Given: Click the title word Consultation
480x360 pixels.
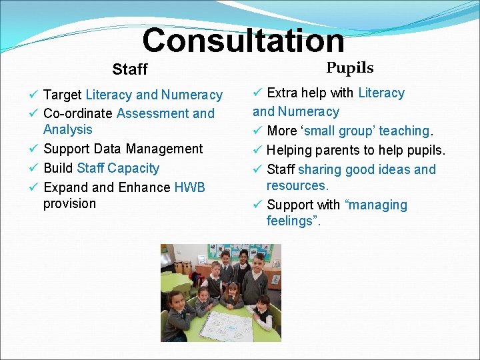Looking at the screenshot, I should tap(243, 40).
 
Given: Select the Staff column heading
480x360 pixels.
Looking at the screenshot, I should tap(130, 69).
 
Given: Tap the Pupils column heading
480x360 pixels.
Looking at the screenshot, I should tap(350, 68).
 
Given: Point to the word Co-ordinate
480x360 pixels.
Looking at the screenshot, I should tap(78, 113).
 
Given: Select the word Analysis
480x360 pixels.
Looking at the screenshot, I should tap(68, 129).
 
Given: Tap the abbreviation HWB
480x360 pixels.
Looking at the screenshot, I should tap(190, 187).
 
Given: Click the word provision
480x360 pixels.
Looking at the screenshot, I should tap(70, 203).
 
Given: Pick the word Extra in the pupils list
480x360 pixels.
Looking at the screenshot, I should tap(283, 93).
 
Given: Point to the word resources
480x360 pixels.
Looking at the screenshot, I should tap(297, 185).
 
